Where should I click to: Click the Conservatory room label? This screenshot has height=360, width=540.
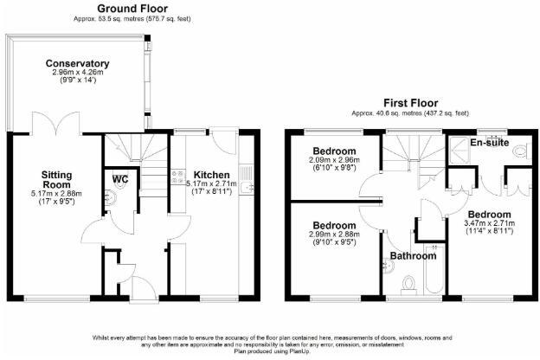tap(77, 63)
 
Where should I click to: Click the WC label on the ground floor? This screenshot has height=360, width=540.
tap(120, 179)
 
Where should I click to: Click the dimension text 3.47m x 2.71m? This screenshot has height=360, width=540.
tap(488, 223)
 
